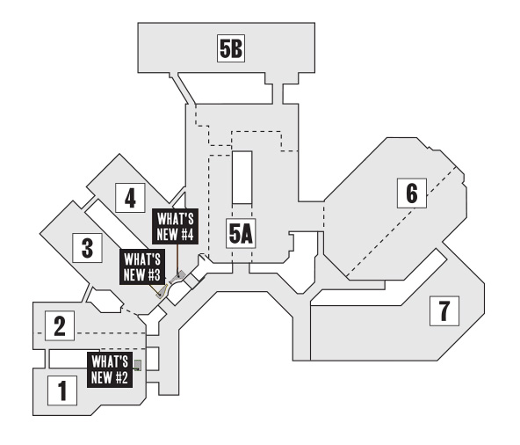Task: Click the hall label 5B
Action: (x=231, y=48)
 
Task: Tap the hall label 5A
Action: (x=241, y=233)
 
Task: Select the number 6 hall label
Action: (x=412, y=193)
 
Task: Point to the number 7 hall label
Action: (x=444, y=310)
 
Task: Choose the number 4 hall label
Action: (x=130, y=198)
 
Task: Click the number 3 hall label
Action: (x=87, y=248)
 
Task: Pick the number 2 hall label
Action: (x=60, y=325)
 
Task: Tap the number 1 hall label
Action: (x=62, y=390)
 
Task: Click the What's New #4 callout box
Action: (x=175, y=227)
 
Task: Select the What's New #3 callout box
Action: (x=142, y=267)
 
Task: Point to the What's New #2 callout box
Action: (x=110, y=369)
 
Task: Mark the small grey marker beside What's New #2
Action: (x=138, y=365)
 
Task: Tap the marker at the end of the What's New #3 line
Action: (x=162, y=292)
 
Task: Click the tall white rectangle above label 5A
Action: (x=242, y=178)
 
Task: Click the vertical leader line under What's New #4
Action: (x=177, y=258)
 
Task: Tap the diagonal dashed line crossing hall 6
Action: (x=401, y=222)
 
